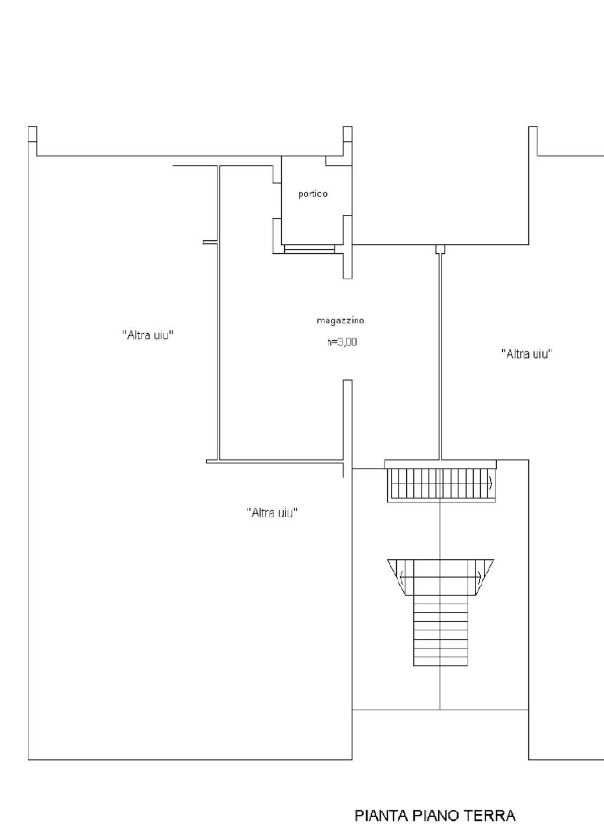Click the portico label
coord(313,194)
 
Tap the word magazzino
coord(340,320)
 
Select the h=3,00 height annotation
coord(342,341)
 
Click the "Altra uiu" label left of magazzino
coord(148,335)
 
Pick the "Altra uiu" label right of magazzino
coord(526,354)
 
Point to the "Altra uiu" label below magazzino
coord(272,512)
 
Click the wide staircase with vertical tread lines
coord(441,483)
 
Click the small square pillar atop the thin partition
coord(441,249)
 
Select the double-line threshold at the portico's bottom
coord(309,249)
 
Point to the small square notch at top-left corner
coord(33,134)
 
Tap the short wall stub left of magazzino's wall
coord(210,242)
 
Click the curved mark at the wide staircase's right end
coord(491,483)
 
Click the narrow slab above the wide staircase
coord(441,465)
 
